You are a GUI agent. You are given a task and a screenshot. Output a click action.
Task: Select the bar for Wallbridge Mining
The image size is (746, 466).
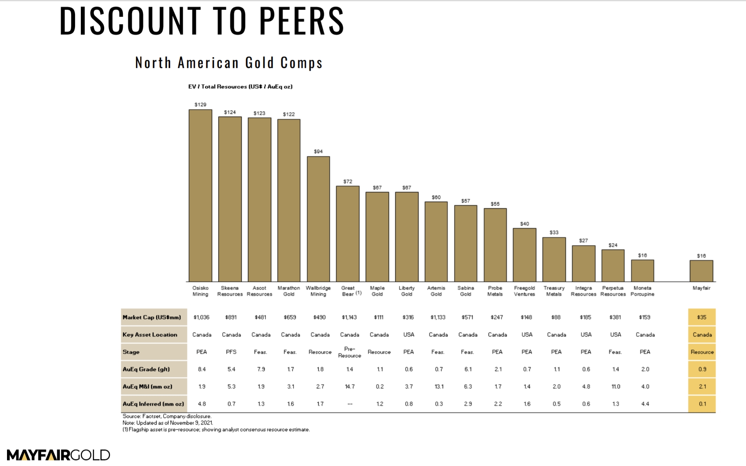tap(318, 219)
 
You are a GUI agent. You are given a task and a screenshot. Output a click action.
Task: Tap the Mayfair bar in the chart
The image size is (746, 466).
tap(701, 271)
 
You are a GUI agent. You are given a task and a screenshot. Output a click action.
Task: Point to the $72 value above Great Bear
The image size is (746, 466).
tap(348, 181)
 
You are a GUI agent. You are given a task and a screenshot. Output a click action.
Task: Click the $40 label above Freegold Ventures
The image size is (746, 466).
tap(525, 224)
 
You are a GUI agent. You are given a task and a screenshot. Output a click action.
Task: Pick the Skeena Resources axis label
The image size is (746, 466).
tap(230, 291)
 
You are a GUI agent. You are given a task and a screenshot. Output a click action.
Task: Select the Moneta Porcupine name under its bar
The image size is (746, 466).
tap(642, 291)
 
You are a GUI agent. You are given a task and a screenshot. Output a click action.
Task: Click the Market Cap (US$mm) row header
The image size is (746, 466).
tap(152, 317)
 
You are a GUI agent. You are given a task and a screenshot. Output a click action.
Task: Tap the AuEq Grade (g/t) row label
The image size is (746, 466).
tap(146, 369)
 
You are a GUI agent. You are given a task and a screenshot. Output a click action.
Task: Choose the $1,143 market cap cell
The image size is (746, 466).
tap(349, 317)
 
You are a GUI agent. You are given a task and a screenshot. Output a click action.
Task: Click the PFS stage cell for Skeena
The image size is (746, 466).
tap(231, 352)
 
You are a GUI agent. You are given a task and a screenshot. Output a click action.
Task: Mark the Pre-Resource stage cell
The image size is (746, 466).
tap(349, 352)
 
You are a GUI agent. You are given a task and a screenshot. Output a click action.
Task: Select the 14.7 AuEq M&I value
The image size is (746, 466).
tap(349, 386)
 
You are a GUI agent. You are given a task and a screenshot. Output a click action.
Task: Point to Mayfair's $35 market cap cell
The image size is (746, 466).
tap(702, 317)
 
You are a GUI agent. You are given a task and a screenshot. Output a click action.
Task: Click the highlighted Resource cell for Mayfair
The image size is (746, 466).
tap(702, 352)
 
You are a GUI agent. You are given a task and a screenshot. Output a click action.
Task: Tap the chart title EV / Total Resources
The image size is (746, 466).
tap(240, 87)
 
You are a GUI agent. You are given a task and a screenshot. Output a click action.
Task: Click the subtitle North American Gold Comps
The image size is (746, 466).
tap(229, 63)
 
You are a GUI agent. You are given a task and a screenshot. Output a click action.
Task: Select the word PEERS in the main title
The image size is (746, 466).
tap(302, 21)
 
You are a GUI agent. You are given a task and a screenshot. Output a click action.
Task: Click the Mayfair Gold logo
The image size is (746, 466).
tap(58, 455)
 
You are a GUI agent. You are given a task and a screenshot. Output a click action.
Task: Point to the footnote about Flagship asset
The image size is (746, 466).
tap(216, 429)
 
